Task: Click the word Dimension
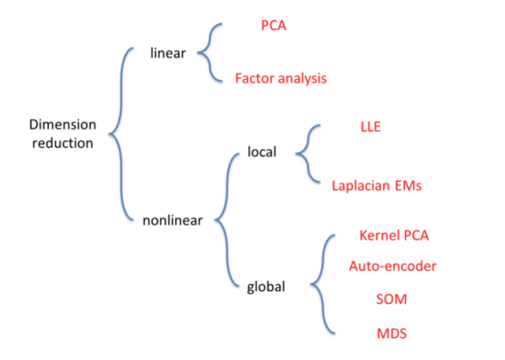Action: (62, 125)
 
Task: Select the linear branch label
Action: (168, 52)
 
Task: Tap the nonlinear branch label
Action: (173, 219)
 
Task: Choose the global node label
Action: (266, 287)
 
